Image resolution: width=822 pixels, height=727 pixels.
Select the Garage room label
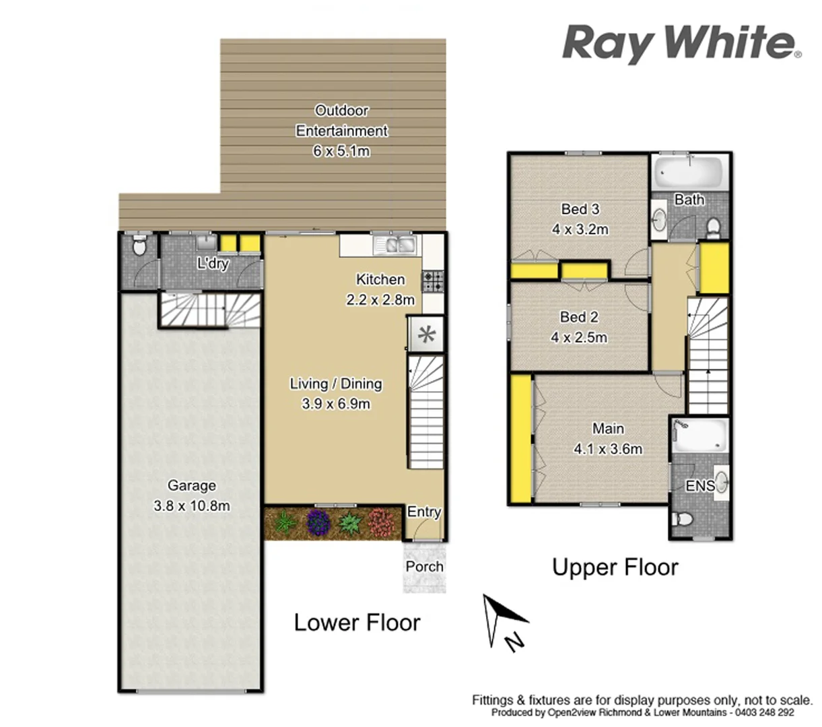click(x=192, y=485)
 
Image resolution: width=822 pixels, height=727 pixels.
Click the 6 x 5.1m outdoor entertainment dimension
click(x=341, y=151)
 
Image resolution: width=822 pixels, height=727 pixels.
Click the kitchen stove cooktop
click(x=432, y=281)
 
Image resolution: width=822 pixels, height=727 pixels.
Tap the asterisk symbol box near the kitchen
click(x=426, y=335)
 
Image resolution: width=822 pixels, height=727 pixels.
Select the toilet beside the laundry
click(x=139, y=247)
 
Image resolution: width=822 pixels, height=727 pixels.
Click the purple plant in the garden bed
click(x=318, y=522)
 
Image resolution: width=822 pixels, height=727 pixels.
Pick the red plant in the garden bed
click(x=381, y=522)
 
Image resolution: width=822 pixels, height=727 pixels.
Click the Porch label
click(x=424, y=566)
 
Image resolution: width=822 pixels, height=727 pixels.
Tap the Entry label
click(x=423, y=512)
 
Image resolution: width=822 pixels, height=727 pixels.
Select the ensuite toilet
click(x=682, y=520)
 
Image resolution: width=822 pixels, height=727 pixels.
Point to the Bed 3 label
click(x=580, y=209)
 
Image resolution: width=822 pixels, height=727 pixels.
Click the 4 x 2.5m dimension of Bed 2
click(x=579, y=337)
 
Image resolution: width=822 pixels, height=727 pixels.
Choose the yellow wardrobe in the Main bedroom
click(x=520, y=439)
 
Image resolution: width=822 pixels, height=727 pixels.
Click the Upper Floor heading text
click(x=615, y=567)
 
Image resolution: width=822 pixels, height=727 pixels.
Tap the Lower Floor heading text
click(x=357, y=623)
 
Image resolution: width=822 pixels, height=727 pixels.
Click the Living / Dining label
click(x=335, y=384)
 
